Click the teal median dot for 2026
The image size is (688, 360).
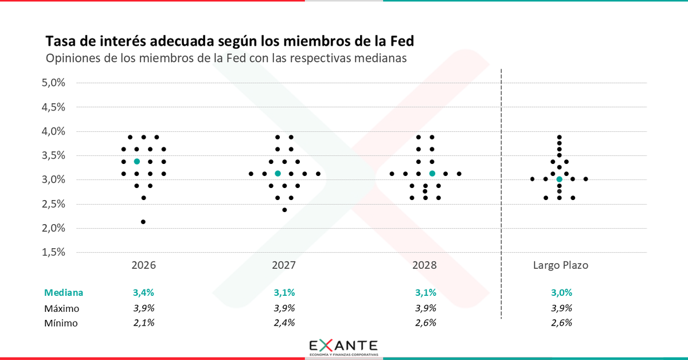pyautogui.click(x=136, y=162)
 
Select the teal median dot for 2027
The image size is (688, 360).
pyautogui.click(x=277, y=173)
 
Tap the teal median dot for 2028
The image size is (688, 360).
pyautogui.click(x=432, y=173)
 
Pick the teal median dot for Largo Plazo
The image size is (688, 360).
pyautogui.click(x=559, y=179)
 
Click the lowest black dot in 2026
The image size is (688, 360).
pyautogui.click(x=143, y=222)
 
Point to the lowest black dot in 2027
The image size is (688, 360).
pyautogui.click(x=284, y=210)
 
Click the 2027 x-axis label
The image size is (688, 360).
pyautogui.click(x=284, y=265)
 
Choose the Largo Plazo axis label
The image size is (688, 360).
pyautogui.click(x=560, y=265)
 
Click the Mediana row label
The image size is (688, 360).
pyautogui.click(x=64, y=292)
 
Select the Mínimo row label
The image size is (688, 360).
pyautogui.click(x=61, y=323)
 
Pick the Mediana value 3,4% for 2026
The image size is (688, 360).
pyautogui.click(x=143, y=292)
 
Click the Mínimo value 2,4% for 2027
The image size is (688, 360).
pyautogui.click(x=284, y=323)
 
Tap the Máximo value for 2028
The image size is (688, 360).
pyautogui.click(x=425, y=308)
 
